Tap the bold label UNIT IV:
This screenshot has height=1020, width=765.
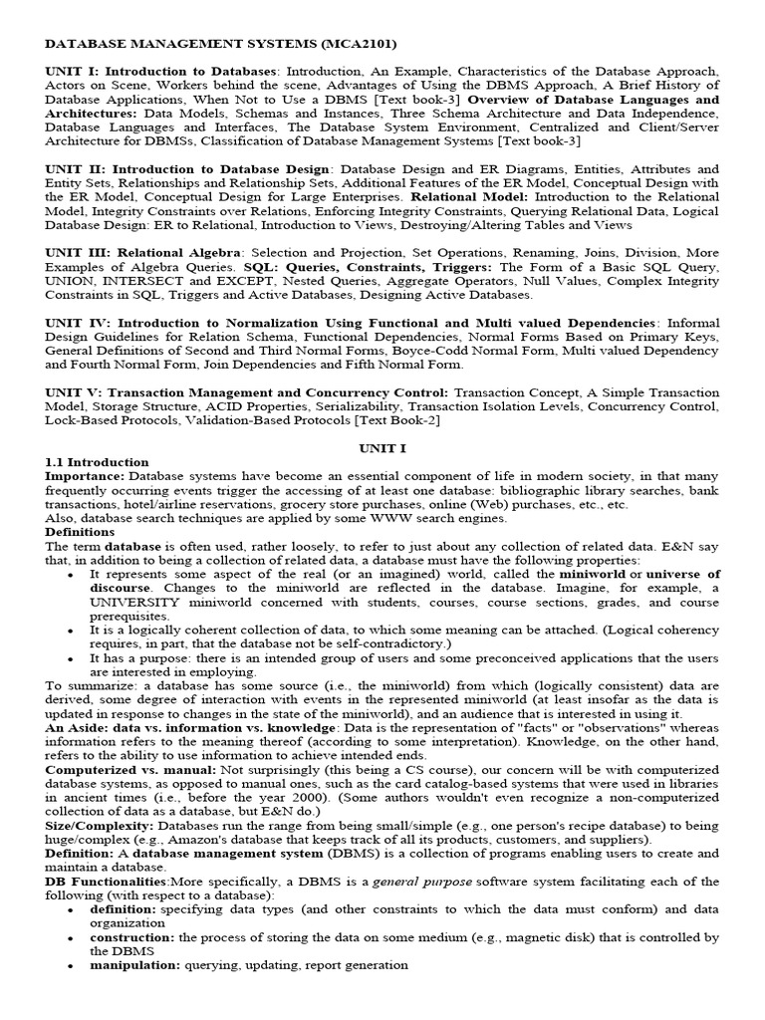point(76,323)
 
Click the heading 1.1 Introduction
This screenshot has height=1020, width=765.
point(98,462)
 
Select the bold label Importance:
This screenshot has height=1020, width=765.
point(85,476)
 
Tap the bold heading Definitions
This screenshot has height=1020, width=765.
point(80,532)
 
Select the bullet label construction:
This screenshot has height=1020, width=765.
point(131,937)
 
